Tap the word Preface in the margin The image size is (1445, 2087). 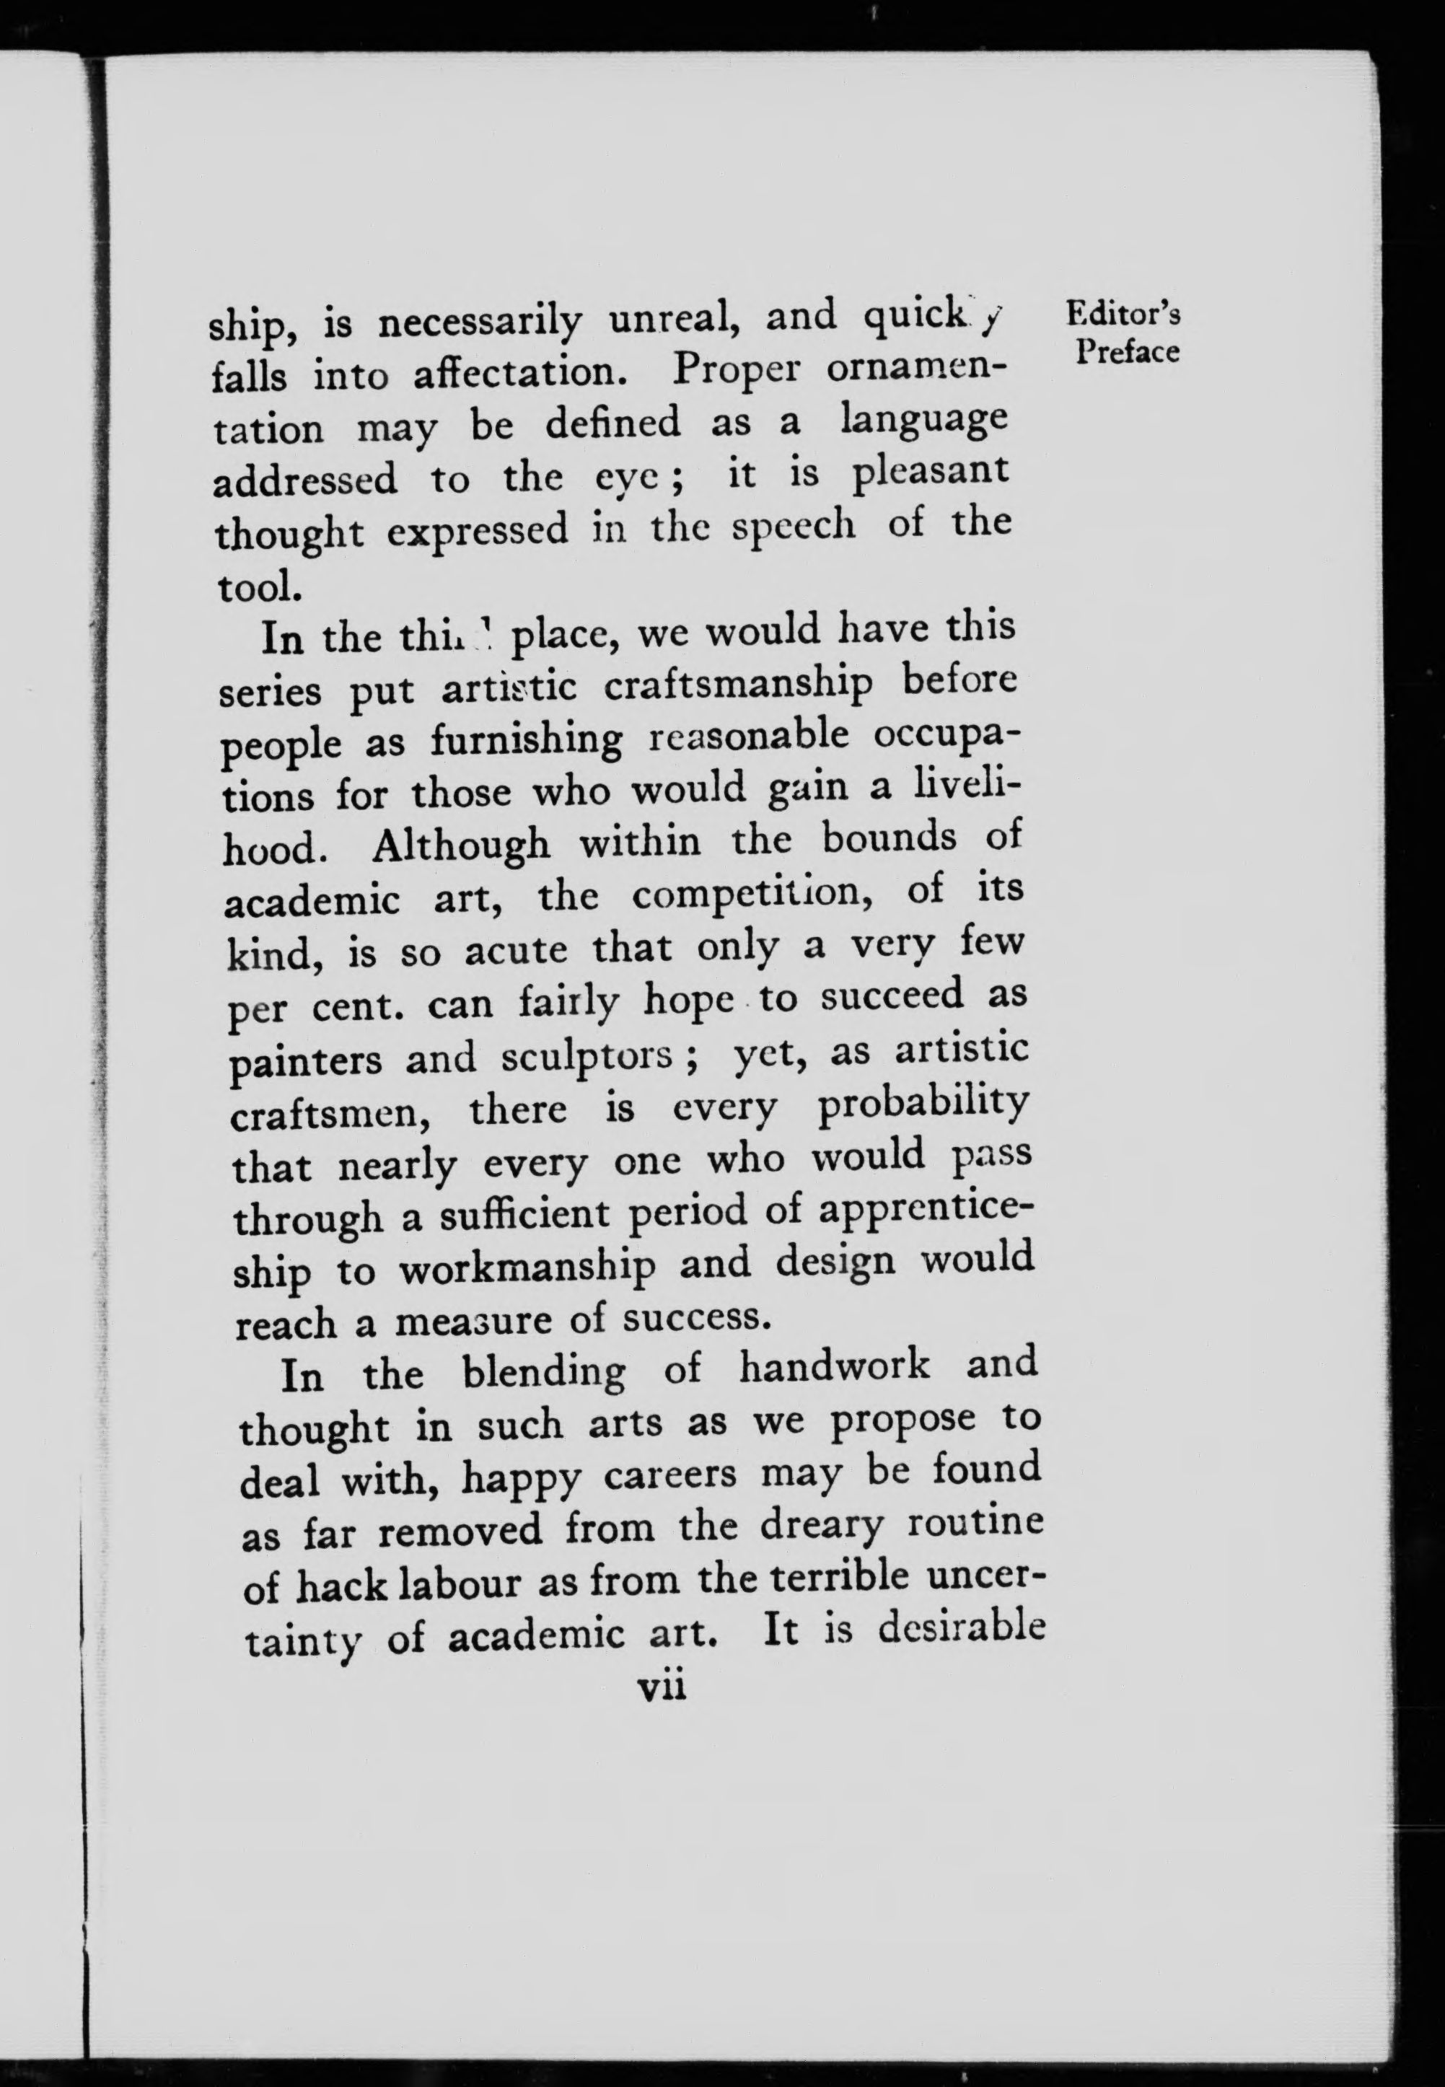click(x=1127, y=351)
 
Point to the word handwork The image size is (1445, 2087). click(x=834, y=1366)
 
